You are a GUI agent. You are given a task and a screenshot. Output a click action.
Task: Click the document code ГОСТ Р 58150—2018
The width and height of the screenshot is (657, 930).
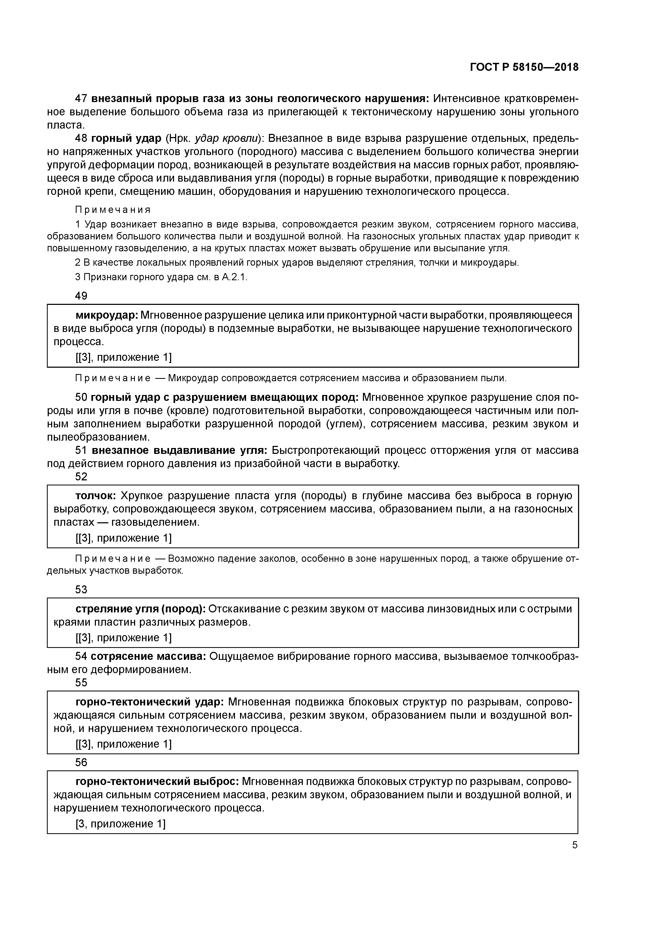(x=524, y=67)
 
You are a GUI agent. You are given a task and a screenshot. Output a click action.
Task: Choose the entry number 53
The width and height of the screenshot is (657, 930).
(x=81, y=589)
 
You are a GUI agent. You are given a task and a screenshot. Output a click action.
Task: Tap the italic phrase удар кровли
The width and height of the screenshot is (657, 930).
(x=227, y=139)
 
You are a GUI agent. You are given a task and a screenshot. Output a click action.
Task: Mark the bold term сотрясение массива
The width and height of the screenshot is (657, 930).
(x=149, y=656)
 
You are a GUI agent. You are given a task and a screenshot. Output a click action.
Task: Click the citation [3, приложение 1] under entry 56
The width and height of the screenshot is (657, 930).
(x=121, y=823)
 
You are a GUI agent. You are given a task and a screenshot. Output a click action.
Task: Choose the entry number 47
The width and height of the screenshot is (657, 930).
(x=81, y=98)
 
